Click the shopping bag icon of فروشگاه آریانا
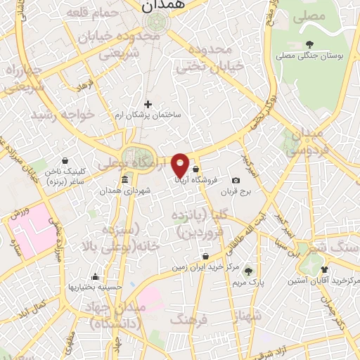[x=195, y=170]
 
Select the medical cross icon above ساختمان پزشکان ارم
[x=148, y=105]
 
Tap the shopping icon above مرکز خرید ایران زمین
[x=205, y=257]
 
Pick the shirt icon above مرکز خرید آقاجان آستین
[x=324, y=269]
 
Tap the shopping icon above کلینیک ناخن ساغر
[x=65, y=160]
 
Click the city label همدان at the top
[x=162, y=6]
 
